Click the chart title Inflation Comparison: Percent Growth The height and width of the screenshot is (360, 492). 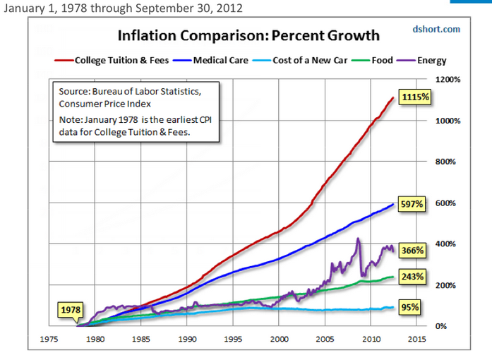[248, 35]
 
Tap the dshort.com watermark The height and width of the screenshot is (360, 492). [436, 29]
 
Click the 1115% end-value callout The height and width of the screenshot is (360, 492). [414, 96]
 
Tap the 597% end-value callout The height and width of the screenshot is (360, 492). [412, 204]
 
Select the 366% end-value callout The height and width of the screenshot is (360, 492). [412, 250]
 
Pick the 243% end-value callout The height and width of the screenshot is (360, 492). [412, 276]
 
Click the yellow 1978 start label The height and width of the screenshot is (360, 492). [71, 309]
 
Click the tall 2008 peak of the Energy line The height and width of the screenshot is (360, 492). [359, 239]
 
